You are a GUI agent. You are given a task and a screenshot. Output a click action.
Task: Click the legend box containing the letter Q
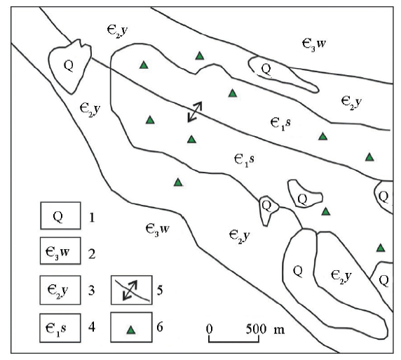(x=60, y=215)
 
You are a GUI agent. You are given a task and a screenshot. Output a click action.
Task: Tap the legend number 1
(x=92, y=218)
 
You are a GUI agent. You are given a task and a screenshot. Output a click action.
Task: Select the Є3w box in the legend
(x=60, y=251)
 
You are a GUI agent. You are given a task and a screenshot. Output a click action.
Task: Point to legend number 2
(x=92, y=254)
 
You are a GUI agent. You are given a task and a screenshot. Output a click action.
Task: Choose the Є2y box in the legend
(x=60, y=290)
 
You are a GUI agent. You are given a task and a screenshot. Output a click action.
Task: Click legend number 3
(x=92, y=291)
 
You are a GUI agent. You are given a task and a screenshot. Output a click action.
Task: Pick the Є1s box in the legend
(x=60, y=328)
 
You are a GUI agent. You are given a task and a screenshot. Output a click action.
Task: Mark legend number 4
(x=92, y=327)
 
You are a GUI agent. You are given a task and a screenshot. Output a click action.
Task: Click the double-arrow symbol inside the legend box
(x=130, y=290)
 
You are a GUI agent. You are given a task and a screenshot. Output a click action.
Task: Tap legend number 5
(x=160, y=291)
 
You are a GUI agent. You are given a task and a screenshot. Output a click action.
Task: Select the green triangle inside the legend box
(x=131, y=330)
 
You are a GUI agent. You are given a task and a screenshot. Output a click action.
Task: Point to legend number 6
(x=160, y=327)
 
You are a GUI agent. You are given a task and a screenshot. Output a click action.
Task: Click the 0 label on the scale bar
(x=209, y=328)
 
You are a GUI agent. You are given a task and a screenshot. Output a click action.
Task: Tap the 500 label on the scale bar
(x=256, y=328)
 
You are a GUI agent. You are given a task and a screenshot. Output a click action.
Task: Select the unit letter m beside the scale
(x=279, y=330)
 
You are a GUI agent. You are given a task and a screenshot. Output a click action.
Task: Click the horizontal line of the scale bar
(x=233, y=341)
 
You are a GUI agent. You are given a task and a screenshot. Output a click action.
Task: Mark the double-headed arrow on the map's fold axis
(x=195, y=112)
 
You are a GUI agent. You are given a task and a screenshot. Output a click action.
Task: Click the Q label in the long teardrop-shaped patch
(x=266, y=69)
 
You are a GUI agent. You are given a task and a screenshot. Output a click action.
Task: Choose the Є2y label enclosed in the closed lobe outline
(x=341, y=276)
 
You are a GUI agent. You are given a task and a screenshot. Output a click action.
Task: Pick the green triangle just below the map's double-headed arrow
(x=192, y=139)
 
